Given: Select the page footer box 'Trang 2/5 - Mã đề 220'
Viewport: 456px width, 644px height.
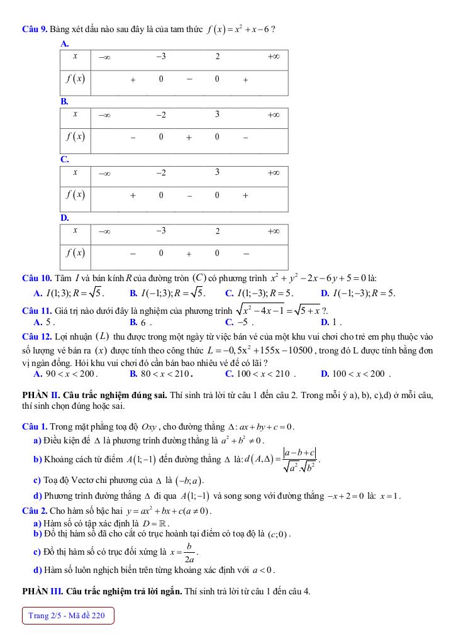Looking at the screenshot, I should [67, 615].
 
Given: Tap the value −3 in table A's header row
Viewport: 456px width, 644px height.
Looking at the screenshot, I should [161, 57].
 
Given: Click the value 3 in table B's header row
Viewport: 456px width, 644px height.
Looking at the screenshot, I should [217, 114].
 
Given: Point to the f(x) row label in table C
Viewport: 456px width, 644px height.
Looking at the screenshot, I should [75, 195].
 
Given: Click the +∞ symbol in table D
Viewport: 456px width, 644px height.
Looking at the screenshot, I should [273, 231].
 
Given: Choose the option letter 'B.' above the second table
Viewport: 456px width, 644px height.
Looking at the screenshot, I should [64, 101].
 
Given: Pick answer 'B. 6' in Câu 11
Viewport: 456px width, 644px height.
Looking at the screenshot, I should [141, 322].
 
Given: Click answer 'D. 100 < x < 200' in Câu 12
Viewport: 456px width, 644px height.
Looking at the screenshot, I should [355, 374].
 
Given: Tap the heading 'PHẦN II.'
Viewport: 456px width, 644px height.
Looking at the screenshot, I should [40, 395].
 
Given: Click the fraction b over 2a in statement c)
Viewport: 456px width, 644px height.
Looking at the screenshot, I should [188, 552].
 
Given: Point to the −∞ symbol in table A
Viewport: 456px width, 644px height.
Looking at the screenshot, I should [104, 57].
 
